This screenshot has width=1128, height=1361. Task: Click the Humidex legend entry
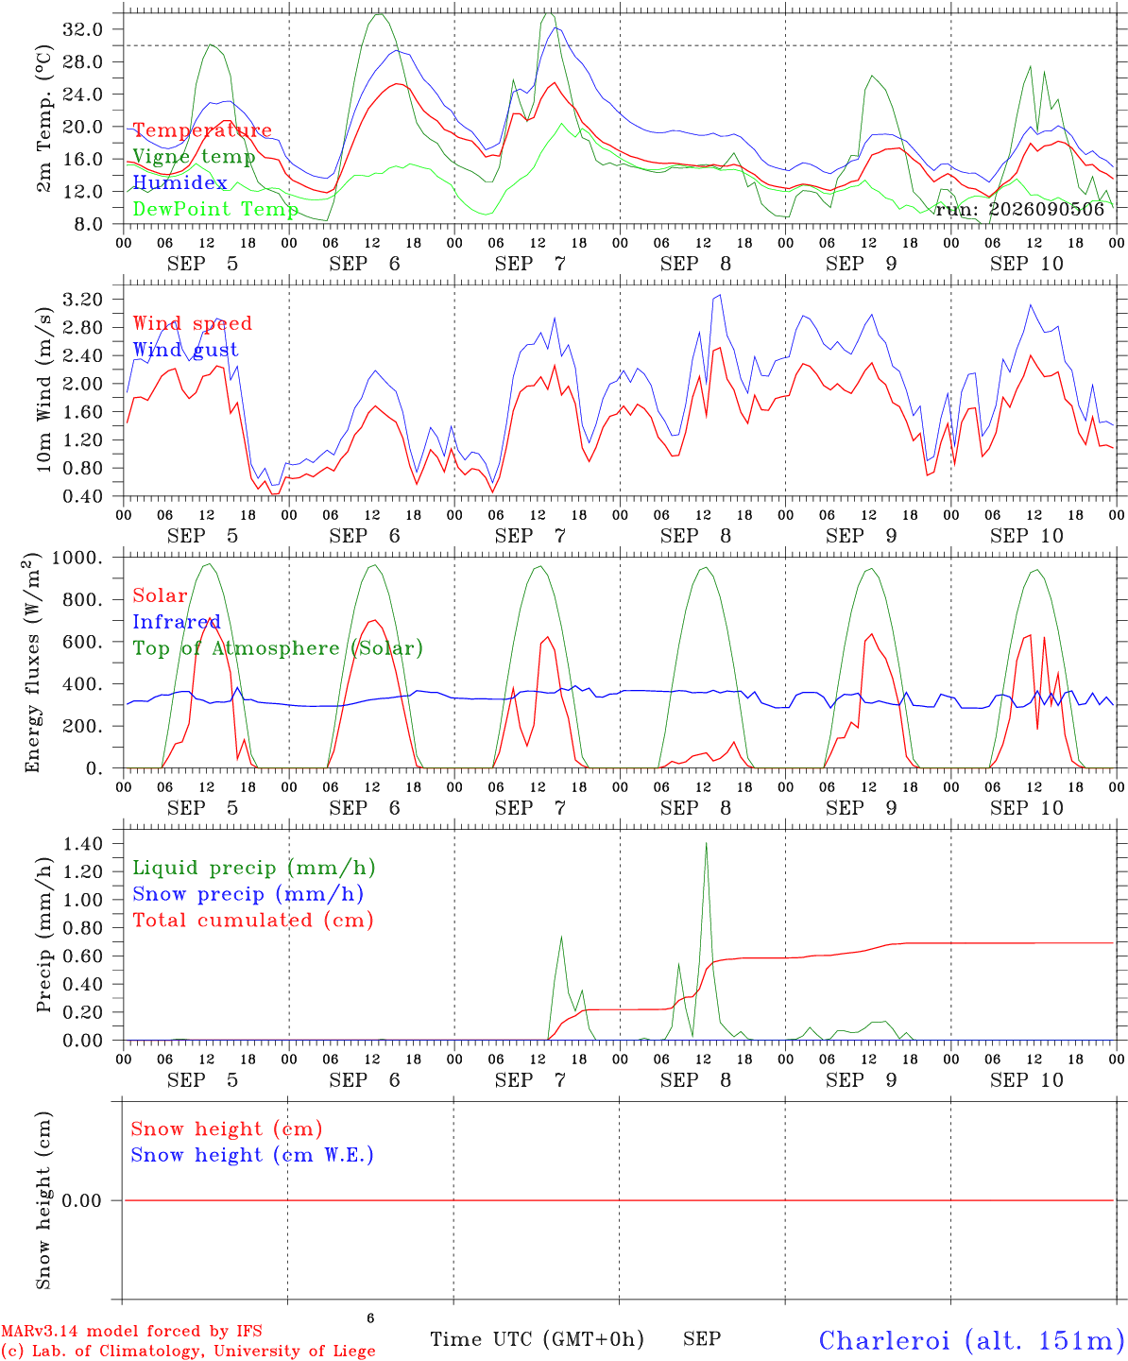point(179,182)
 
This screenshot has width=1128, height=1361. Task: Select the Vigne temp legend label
point(194,157)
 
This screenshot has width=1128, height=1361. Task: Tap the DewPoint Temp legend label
point(215,209)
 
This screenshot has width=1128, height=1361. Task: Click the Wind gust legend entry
point(186,350)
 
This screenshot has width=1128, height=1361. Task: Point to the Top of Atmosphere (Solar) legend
point(279,648)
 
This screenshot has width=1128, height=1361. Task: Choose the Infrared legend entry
point(177,622)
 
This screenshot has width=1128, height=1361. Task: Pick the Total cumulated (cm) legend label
point(253,920)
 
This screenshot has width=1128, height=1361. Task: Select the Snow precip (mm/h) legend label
point(248,894)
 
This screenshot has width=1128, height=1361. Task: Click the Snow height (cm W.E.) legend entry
point(252,1154)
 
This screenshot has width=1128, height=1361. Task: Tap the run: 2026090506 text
point(1020,209)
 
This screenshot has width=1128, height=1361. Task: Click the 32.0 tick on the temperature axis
point(83,29)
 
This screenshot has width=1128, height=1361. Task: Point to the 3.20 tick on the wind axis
point(83,300)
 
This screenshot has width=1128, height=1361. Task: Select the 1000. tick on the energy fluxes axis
point(77,558)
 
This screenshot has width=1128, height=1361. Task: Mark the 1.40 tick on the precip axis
point(83,843)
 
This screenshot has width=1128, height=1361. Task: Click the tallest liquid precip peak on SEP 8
point(706,843)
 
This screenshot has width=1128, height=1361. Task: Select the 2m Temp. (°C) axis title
point(43,118)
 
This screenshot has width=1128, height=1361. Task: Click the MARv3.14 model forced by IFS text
point(131,1331)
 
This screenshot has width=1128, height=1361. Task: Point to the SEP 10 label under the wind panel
point(1026,536)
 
